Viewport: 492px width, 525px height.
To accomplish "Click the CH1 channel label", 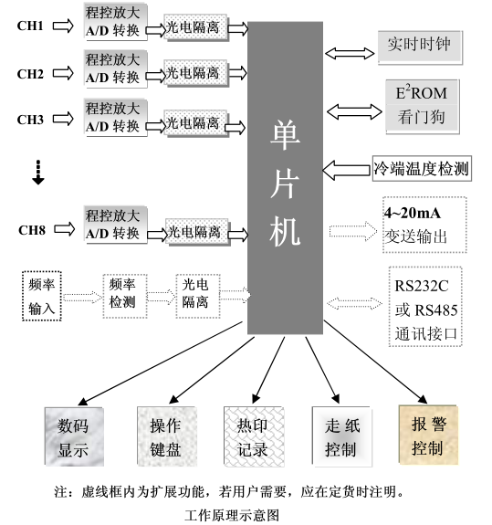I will tap(30, 26).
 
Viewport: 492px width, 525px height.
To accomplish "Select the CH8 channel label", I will tap(30, 229).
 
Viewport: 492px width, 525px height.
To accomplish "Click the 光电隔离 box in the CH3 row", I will tap(193, 121).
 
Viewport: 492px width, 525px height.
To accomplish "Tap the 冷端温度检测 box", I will tap(421, 168).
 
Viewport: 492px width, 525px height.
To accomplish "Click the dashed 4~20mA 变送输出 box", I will tap(424, 224).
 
